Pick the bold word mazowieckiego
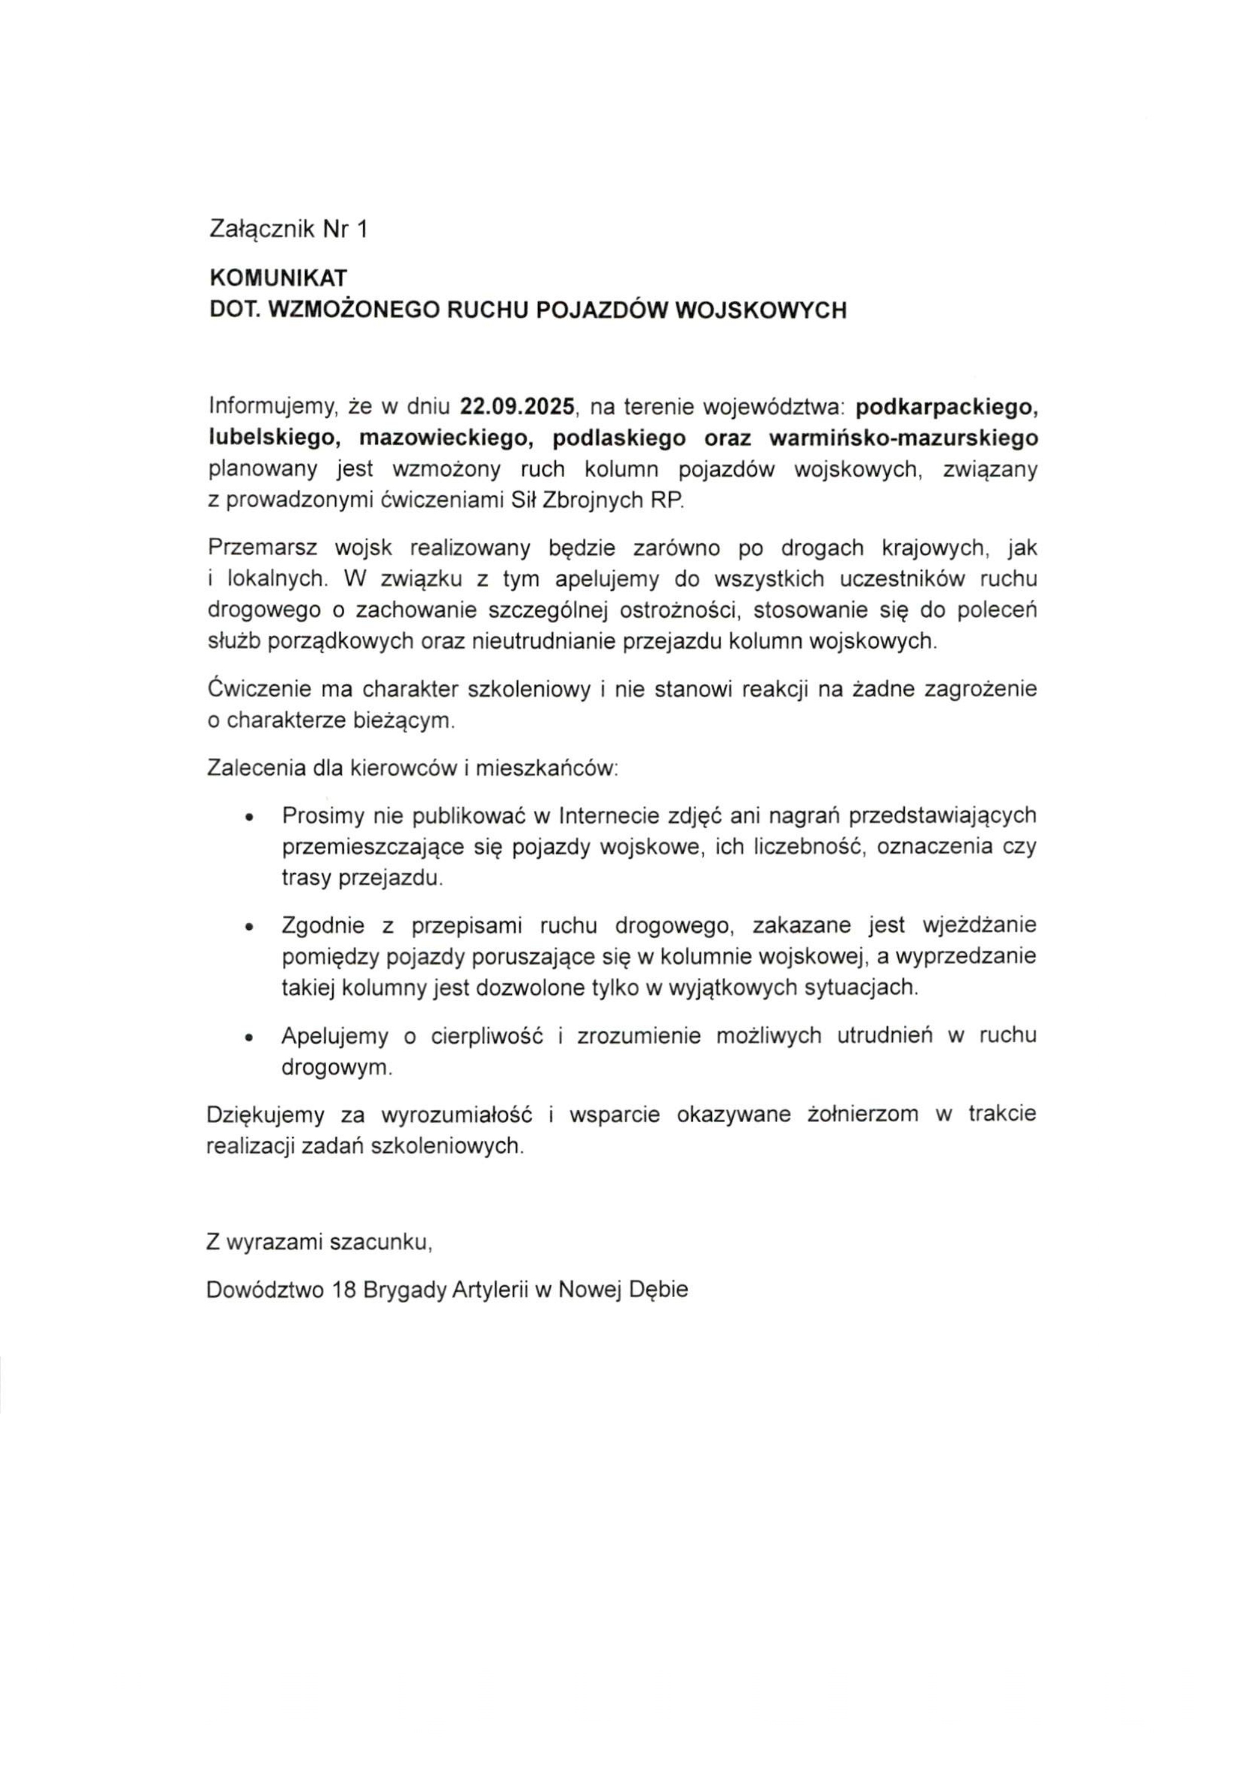point(446,438)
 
